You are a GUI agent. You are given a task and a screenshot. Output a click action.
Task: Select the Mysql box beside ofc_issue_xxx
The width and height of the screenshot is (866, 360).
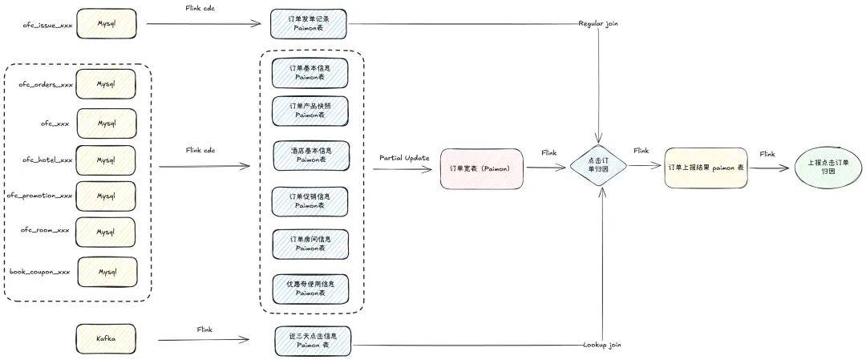click(106, 24)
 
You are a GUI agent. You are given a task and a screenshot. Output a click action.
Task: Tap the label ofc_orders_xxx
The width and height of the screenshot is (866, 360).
click(46, 84)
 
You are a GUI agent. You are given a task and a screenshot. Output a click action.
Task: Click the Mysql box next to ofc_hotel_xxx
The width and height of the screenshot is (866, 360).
click(106, 160)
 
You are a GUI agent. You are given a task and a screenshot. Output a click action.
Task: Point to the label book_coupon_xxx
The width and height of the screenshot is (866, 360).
click(40, 272)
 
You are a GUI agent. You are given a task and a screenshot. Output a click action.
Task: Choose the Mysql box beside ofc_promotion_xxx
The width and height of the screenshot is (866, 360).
click(106, 196)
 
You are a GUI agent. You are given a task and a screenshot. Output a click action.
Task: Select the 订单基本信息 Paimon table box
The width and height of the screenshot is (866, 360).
click(310, 72)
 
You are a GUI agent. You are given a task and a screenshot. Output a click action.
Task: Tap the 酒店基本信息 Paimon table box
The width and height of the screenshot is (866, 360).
click(310, 155)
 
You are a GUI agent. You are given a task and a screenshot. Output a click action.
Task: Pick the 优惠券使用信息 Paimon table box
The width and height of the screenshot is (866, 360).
click(310, 288)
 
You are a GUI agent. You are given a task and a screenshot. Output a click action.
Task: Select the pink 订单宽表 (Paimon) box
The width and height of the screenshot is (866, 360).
click(481, 168)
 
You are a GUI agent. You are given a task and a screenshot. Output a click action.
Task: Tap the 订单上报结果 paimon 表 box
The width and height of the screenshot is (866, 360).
click(706, 168)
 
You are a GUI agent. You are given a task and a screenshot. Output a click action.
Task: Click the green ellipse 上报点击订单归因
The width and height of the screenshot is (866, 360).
click(828, 168)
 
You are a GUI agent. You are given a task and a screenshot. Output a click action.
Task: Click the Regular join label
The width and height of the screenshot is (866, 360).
click(598, 24)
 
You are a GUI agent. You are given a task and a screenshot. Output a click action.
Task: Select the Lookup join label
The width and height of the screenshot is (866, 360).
click(602, 345)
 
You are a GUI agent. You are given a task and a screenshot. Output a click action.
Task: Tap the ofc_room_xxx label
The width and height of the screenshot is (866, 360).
click(45, 230)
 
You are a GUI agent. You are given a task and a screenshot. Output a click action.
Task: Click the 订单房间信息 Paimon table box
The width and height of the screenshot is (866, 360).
click(310, 243)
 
